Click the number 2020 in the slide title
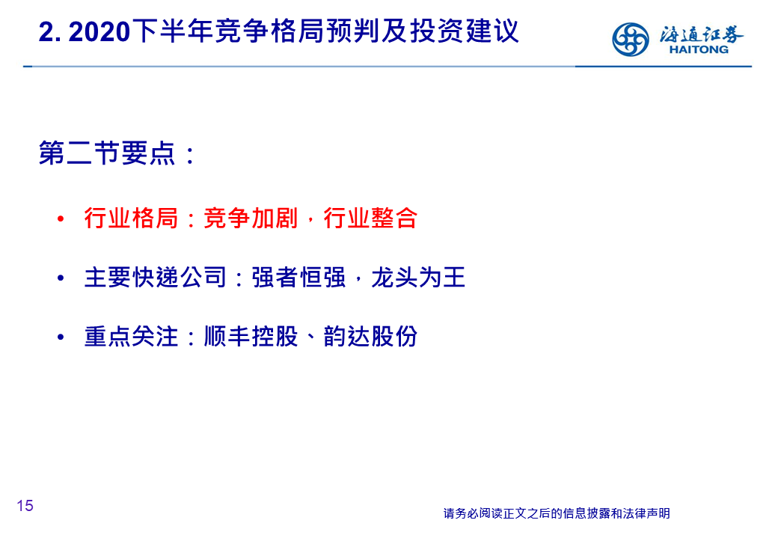99,31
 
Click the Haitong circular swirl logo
630,39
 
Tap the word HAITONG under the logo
699,49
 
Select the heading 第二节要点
107,153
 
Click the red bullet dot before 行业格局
61,218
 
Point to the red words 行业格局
131,218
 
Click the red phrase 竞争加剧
251,218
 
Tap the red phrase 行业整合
370,218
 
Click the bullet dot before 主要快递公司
61,278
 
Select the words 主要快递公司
156,278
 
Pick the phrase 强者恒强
298,278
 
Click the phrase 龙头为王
418,278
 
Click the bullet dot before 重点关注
61,337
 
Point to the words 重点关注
131,337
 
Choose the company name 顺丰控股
251,337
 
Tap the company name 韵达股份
370,337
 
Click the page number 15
25,506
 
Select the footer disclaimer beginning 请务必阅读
557,513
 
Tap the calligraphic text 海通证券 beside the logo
701,34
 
